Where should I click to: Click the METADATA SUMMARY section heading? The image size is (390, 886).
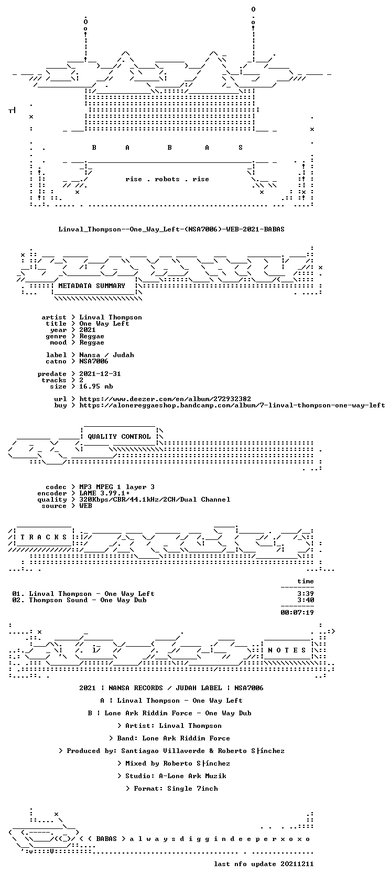tap(91, 285)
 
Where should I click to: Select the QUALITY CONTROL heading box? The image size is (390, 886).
tap(119, 437)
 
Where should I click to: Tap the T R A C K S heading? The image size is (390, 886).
tap(44, 537)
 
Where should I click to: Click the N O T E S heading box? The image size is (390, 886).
tap(287, 650)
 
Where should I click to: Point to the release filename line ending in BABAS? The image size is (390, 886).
tap(171, 229)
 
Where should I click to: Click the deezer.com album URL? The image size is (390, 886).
tap(165, 399)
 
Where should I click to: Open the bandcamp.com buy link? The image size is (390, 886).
tap(232, 405)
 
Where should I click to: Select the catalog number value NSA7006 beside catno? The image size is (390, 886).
tap(94, 361)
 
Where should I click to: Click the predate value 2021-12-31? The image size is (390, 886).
tap(100, 374)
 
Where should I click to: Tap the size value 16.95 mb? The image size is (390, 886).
tap(96, 386)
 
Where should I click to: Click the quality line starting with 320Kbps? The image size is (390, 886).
tap(155, 500)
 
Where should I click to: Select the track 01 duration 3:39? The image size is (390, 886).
tap(306, 594)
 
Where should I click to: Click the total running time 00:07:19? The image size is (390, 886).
tap(297, 613)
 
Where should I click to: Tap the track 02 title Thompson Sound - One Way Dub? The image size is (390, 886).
tap(88, 600)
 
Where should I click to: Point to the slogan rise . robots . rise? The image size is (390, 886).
tap(167, 179)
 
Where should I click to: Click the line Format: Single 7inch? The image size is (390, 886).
tap(172, 789)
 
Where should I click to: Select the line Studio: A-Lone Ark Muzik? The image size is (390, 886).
tap(172, 776)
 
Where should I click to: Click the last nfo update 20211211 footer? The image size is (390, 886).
tap(264, 864)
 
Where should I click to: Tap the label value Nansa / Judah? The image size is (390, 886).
tap(106, 355)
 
